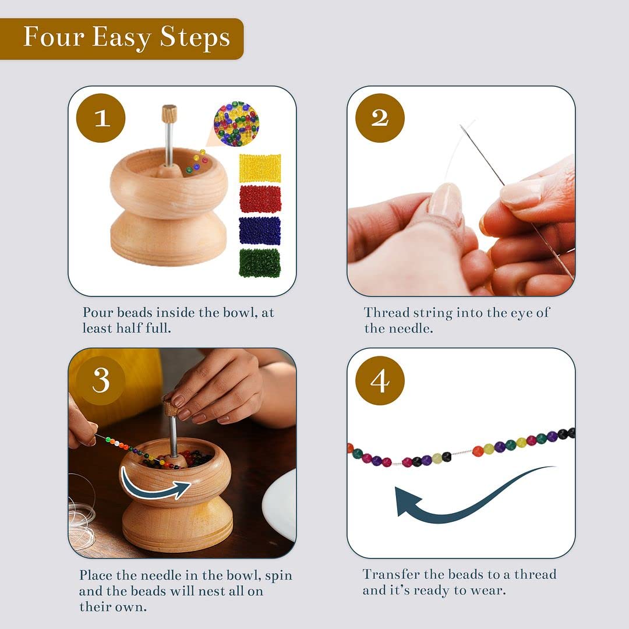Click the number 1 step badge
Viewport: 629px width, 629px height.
pos(101,118)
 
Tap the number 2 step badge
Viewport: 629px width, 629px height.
pos(380,118)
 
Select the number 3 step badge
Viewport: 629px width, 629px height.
pos(101,381)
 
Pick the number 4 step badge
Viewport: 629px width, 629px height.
pos(380,381)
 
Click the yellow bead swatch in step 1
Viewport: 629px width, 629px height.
pos(260,168)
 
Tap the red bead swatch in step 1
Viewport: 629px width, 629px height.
pos(260,199)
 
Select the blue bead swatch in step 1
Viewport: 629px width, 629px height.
pos(260,231)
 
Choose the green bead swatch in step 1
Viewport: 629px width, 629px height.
pos(260,263)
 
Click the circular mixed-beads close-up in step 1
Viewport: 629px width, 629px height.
pos(236,123)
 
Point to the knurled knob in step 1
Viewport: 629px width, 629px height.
pos(169,114)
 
